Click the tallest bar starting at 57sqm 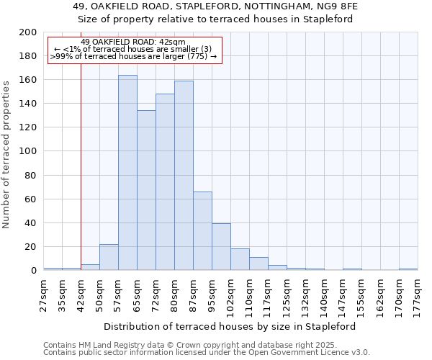pos(127,173)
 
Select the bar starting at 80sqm pos(184,176)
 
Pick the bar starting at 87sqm pos(202,231)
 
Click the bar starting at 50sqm pos(109,257)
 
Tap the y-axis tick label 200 pos(28,32)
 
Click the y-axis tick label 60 pos(31,199)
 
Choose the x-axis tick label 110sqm pos(249,295)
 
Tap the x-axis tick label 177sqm pos(418,295)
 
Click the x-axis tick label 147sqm pos(343,295)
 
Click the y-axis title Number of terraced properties pos(6,154)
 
